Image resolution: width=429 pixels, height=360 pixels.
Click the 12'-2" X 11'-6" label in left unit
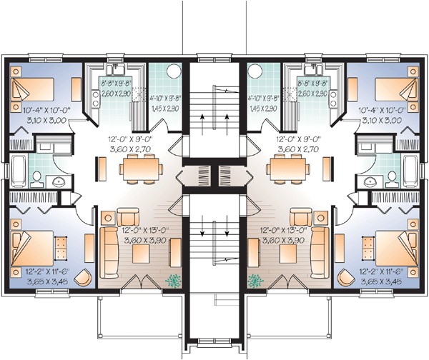point(38,273)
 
